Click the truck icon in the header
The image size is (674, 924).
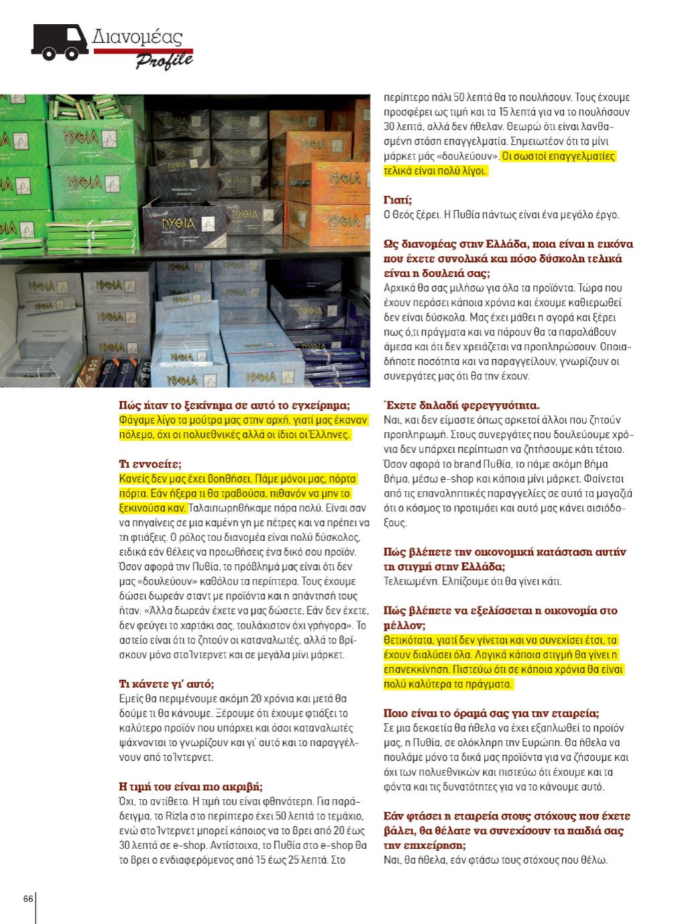click(59, 42)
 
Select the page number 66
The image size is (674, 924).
click(28, 899)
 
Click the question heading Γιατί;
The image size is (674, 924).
click(398, 200)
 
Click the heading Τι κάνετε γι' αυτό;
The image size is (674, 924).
click(166, 684)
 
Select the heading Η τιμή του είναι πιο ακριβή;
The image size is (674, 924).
click(190, 786)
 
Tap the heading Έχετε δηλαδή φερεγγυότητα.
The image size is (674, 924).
click(461, 405)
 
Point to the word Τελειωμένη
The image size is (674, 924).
click(408, 581)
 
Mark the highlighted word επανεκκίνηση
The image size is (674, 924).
click(412, 669)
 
